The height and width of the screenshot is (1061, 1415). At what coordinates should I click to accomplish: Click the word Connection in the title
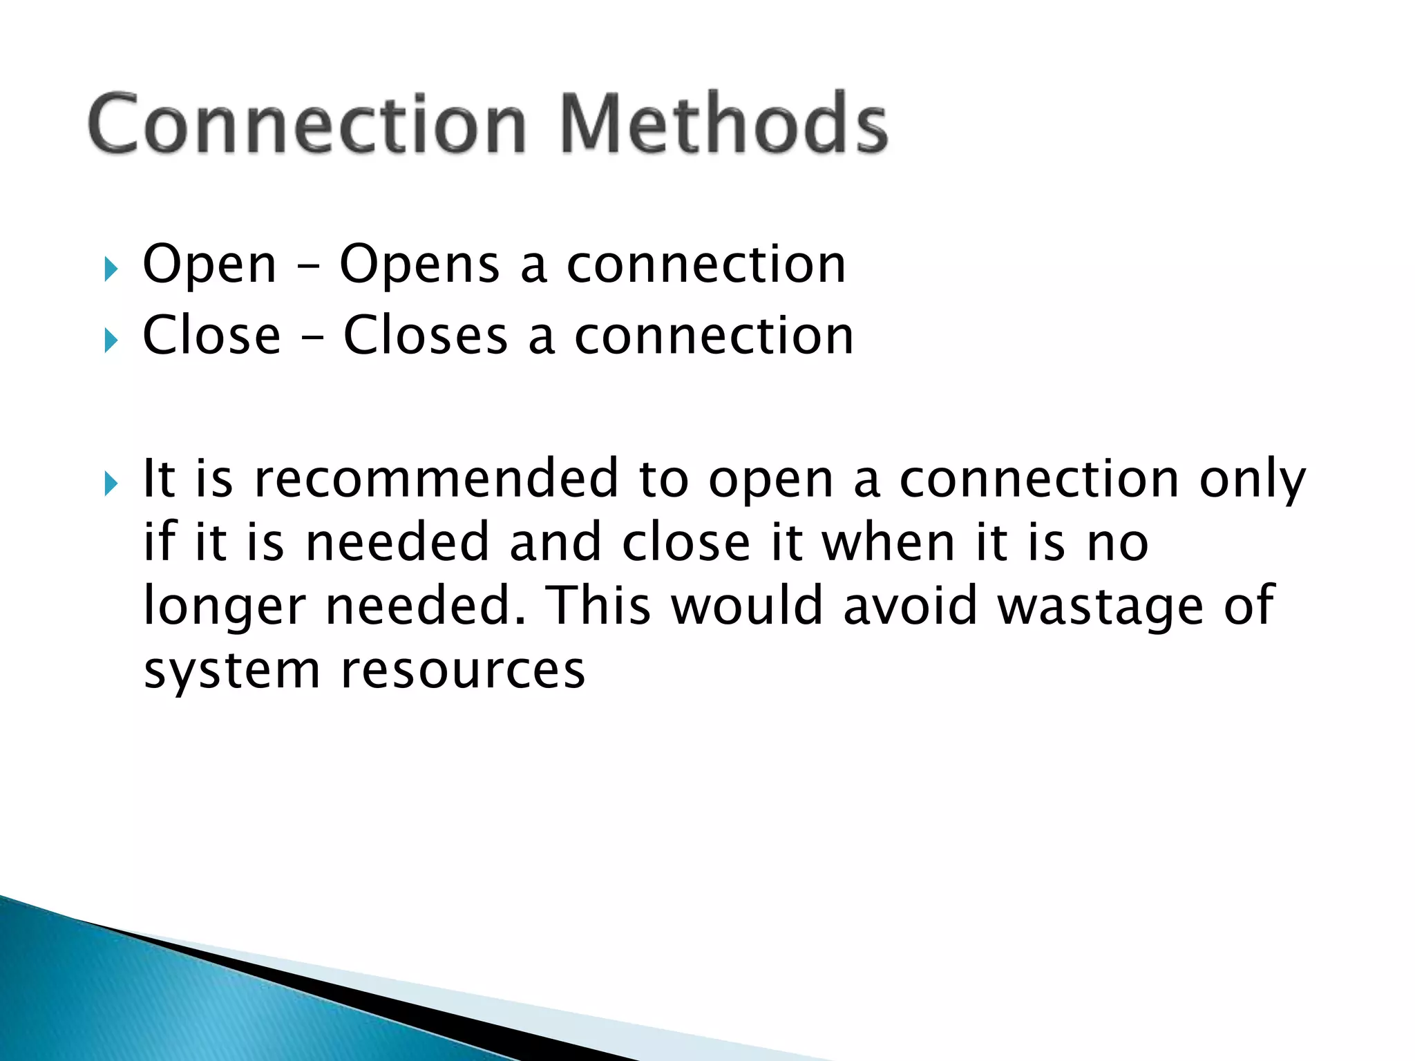point(307,124)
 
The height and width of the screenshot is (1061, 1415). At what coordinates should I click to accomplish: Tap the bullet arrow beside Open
point(111,269)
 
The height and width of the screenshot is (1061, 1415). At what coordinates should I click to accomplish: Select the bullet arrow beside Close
point(111,340)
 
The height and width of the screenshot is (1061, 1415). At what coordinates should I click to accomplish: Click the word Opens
point(419,265)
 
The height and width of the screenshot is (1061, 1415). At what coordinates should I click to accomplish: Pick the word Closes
point(426,336)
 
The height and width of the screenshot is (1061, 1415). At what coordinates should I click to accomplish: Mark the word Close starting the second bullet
point(211,336)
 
